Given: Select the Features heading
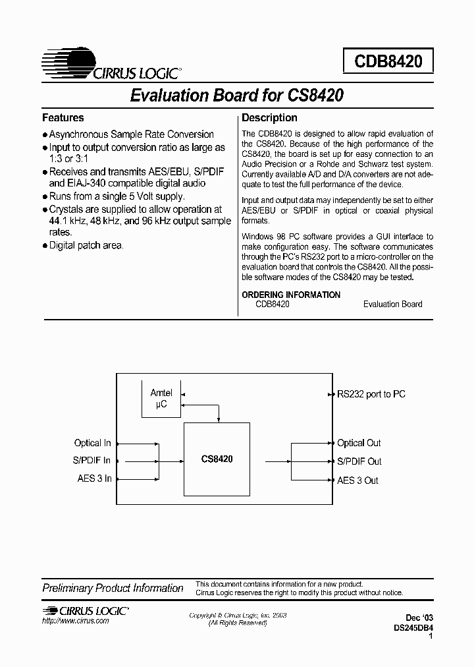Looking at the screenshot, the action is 63,118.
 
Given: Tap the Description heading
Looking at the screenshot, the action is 269,118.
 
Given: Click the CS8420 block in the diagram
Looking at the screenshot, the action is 217,459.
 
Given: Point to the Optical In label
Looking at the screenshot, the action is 92,443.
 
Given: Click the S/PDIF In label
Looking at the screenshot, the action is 92,461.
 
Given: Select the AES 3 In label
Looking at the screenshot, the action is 94,479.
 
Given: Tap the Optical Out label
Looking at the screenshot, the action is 359,443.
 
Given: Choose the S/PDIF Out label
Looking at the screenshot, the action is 359,461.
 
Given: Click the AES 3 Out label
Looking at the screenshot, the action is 357,480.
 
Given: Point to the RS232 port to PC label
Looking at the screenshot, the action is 371,394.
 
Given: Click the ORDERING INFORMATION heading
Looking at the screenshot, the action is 291,295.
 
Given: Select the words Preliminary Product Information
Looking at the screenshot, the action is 113,588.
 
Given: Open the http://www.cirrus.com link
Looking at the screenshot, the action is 76,622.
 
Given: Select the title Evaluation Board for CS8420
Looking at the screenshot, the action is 236,95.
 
